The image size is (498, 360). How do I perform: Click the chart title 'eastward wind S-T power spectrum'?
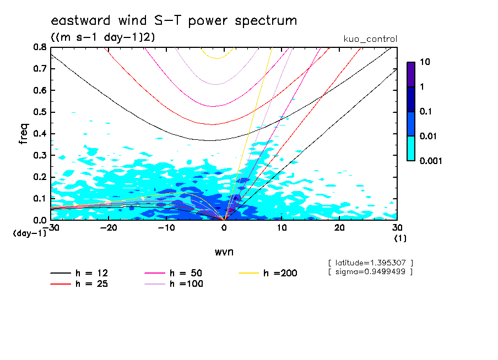coord(174,21)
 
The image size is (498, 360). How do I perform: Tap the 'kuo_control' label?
coord(370,39)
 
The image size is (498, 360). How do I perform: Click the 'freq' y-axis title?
coord(24,133)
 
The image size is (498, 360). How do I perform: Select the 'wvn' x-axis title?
coord(224,252)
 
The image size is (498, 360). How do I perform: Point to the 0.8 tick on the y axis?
coord(39,47)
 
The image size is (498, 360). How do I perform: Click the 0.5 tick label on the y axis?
coord(39,112)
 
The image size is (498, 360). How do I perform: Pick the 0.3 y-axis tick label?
coord(39,155)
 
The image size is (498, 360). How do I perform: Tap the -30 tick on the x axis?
coord(51,227)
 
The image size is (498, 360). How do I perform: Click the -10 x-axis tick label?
coord(166,227)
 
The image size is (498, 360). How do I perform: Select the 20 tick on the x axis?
coord(339,227)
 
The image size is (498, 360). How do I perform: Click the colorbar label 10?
coord(425,62)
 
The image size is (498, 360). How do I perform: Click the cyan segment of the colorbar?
coord(411,148)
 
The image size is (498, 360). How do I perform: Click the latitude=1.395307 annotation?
coord(370,263)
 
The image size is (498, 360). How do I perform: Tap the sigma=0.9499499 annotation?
coord(370,272)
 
